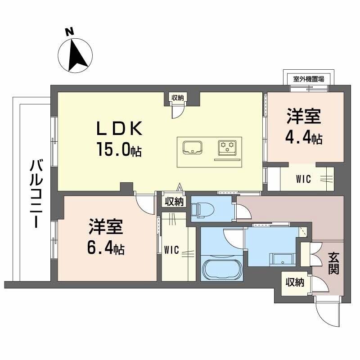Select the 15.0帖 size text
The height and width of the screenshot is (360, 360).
118,149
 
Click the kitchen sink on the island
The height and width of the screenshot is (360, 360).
193,147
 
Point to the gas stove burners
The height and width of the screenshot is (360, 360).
227,146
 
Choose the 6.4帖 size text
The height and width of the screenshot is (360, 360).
106,248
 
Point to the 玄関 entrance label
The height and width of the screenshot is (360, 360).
333,264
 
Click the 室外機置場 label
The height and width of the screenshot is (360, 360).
309,78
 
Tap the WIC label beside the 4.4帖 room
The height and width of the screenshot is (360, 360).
304,179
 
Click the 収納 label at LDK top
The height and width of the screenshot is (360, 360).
177,97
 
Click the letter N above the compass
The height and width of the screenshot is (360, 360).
69,31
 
